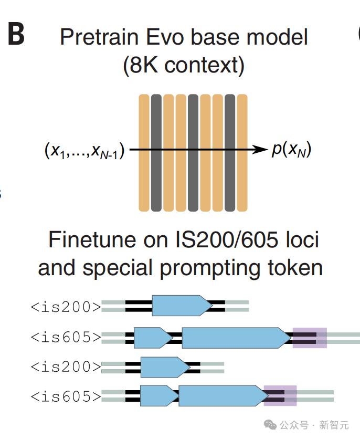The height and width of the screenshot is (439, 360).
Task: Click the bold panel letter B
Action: pyautogui.click(x=16, y=34)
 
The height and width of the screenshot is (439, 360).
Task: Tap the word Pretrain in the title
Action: pyautogui.click(x=99, y=37)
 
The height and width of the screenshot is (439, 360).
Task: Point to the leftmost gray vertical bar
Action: pyautogui.click(x=156, y=153)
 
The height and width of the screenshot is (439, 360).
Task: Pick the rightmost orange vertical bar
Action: pyautogui.click(x=242, y=153)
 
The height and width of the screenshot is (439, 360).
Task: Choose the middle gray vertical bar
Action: pyautogui.click(x=193, y=153)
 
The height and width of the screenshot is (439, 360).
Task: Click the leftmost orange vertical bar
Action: pyautogui.click(x=144, y=153)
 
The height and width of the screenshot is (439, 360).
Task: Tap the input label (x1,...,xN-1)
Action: pyautogui.click(x=84, y=151)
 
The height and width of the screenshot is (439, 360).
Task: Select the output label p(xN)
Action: pyautogui.click(x=291, y=149)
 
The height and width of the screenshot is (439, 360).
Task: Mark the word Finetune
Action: pyautogui.click(x=94, y=239)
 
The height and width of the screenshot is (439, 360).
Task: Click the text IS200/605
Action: pyautogui.click(x=227, y=239)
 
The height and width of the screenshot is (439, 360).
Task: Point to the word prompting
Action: pyautogui.click(x=210, y=268)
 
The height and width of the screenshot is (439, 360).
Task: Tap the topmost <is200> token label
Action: pyautogui.click(x=66, y=307)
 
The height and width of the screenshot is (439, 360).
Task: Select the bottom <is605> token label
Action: pyautogui.click(x=66, y=396)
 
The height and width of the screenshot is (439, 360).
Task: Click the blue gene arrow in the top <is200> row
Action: pyautogui.click(x=183, y=306)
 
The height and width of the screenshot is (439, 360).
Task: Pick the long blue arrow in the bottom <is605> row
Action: pyautogui.click(x=224, y=395)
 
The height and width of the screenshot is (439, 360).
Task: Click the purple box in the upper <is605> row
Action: pyautogui.click(x=310, y=338)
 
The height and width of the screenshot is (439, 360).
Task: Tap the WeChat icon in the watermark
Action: pyautogui.click(x=270, y=425)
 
